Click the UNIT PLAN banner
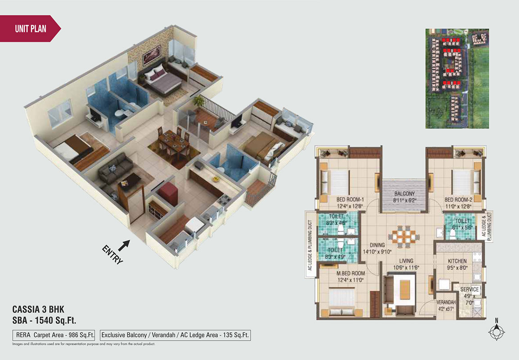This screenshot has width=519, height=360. pos(31,29)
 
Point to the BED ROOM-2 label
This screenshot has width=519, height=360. pos(457,199)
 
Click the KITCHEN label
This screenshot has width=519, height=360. pos(457,261)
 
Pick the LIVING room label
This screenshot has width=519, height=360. pos(403,261)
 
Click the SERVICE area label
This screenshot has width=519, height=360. pos(469,289)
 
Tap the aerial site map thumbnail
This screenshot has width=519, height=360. pos(463,78)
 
